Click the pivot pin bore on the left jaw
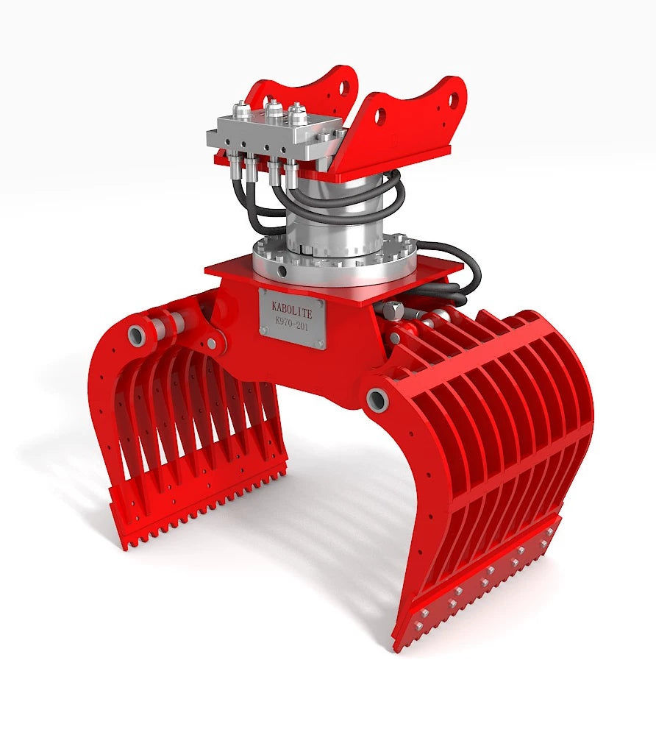pos(137,335)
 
